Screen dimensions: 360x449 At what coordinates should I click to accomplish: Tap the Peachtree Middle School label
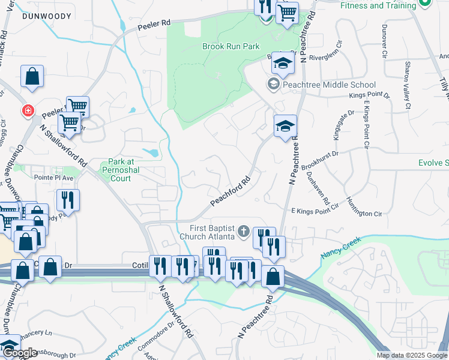pyautogui.click(x=329, y=85)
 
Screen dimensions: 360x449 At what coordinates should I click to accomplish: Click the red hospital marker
pyautogui.click(x=28, y=111)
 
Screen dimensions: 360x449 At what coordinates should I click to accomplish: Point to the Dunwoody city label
pyautogui.click(x=43, y=17)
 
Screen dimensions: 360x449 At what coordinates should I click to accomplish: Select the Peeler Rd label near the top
pyautogui.click(x=154, y=25)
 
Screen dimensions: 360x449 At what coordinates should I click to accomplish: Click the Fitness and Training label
pyautogui.click(x=378, y=5)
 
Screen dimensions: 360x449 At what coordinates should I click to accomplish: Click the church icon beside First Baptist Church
pyautogui.click(x=243, y=230)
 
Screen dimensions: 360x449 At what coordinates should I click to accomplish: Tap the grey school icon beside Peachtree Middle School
pyautogui.click(x=273, y=85)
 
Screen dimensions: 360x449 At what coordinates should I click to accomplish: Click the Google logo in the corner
pyautogui.click(x=19, y=353)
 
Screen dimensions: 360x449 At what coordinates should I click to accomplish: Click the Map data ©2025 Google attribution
pyautogui.click(x=411, y=355)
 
